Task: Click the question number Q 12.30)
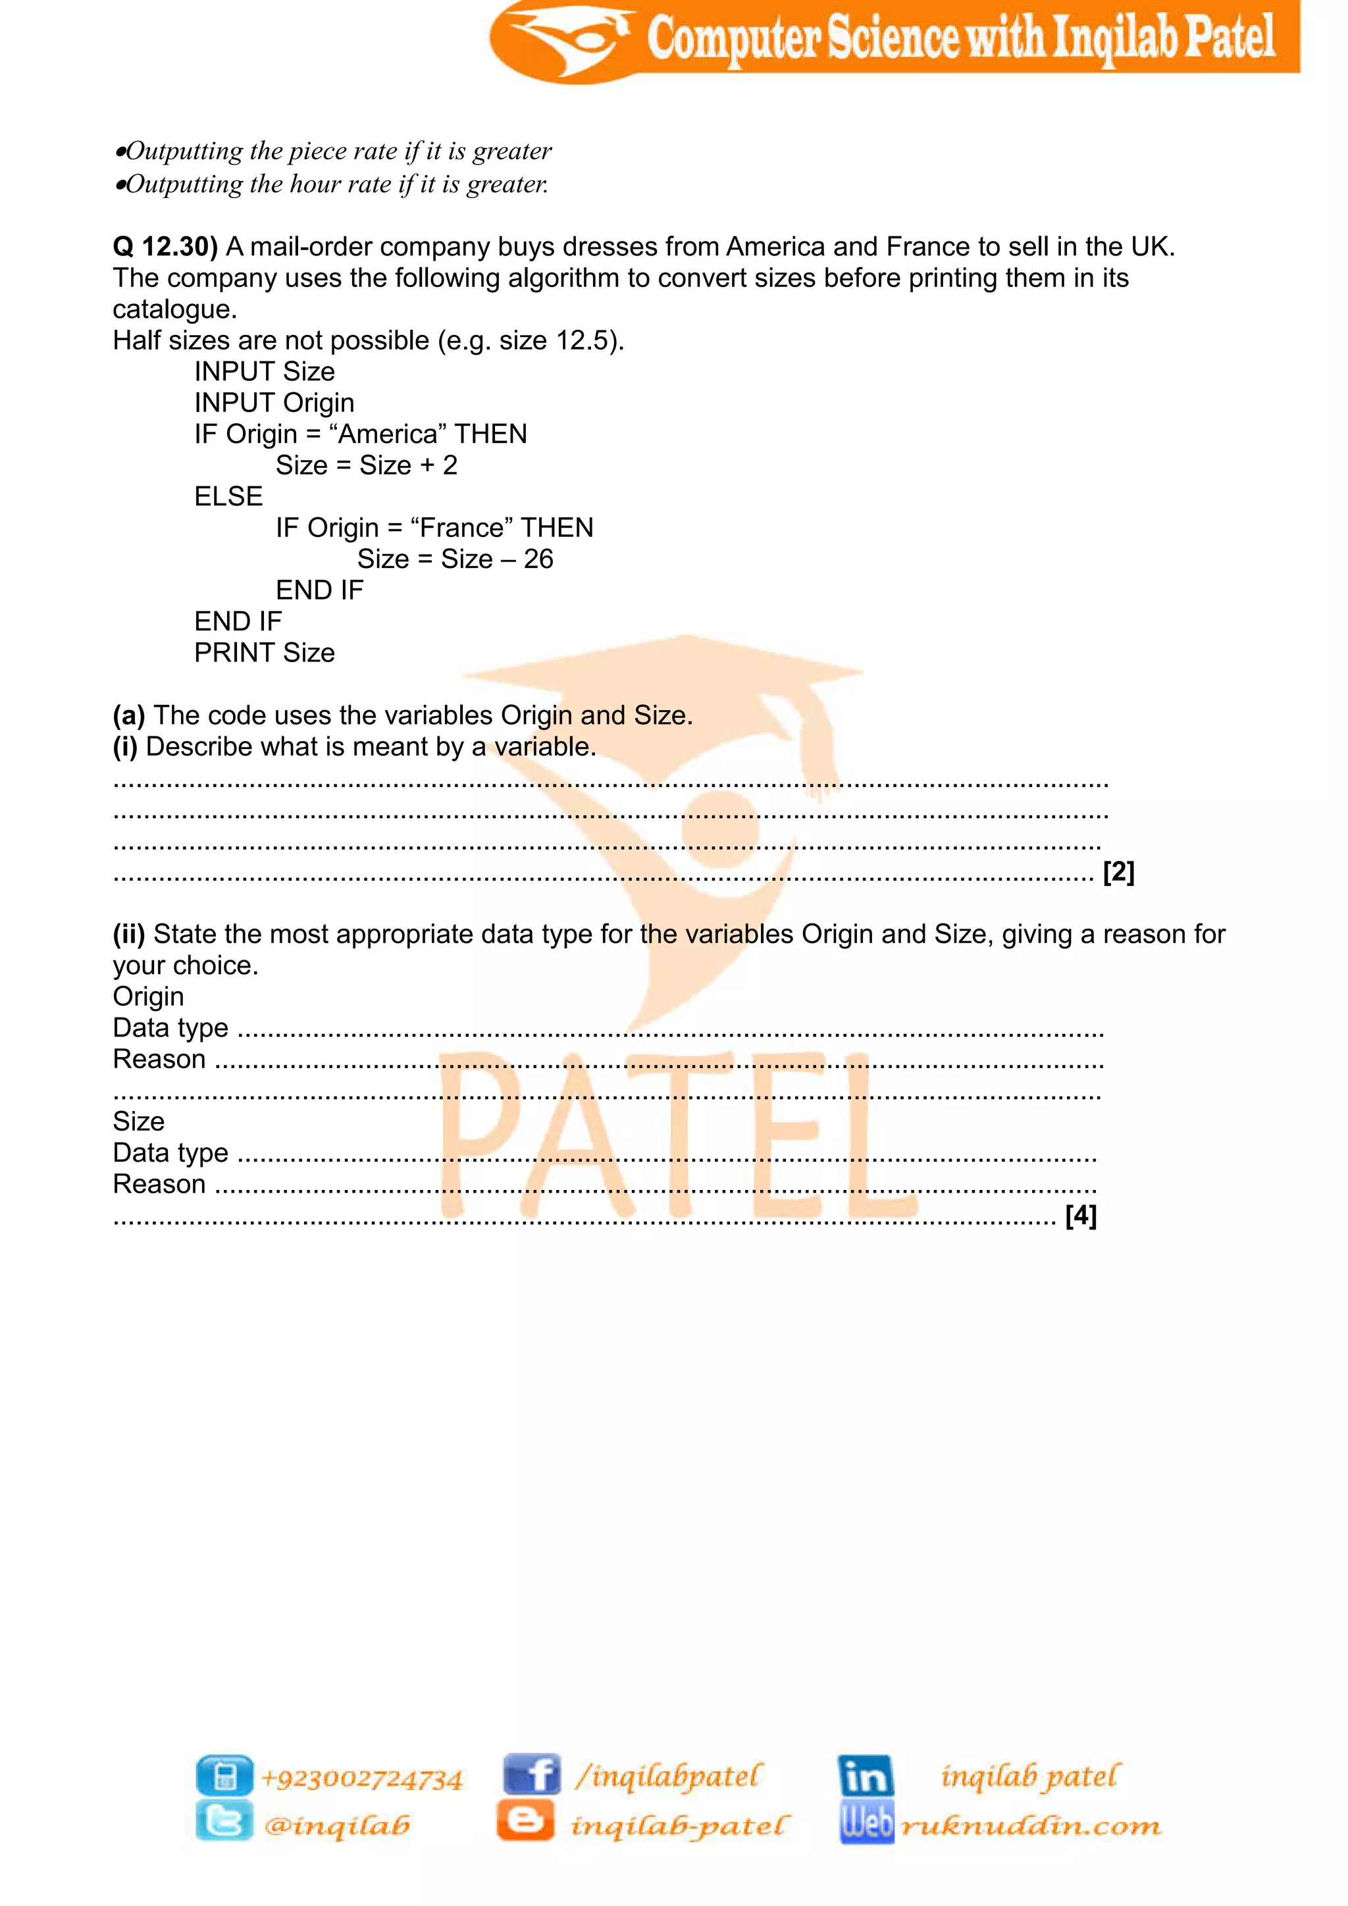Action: coord(165,247)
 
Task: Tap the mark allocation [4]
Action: coord(1081,1216)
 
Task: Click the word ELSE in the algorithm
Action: coord(228,496)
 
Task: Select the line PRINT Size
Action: coord(264,654)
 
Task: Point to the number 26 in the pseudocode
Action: coord(538,559)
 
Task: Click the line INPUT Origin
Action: coord(274,403)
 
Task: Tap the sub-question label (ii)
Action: coord(128,935)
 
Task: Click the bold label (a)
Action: coord(128,715)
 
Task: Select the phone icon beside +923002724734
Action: coord(224,1776)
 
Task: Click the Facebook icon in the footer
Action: coord(532,1775)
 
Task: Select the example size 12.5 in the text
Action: coord(584,341)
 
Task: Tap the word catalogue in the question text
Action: coord(174,309)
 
